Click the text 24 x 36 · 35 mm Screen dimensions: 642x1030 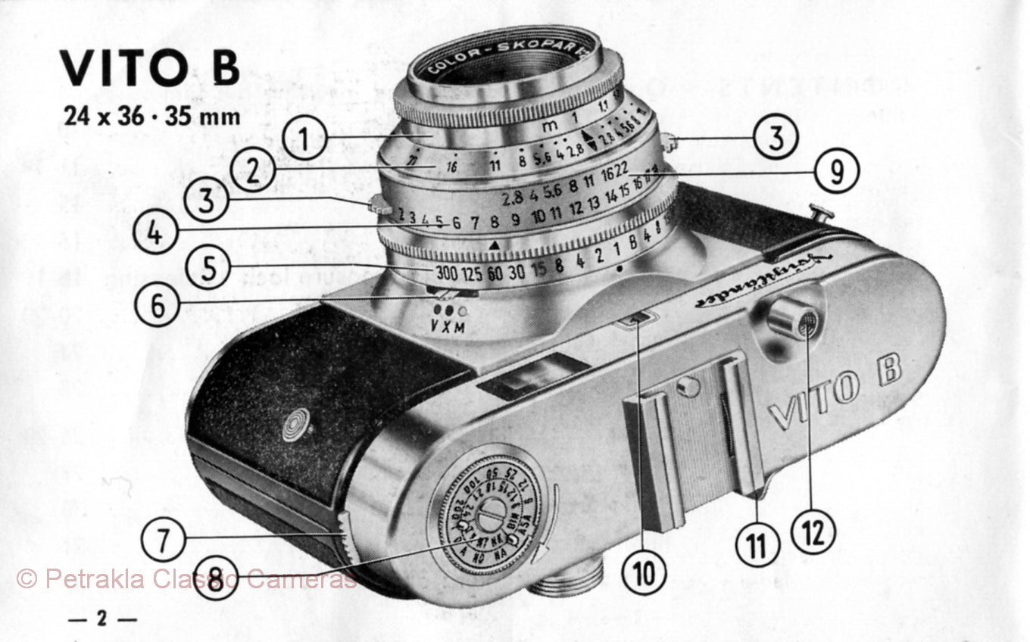[151, 117]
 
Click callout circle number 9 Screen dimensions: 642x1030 [838, 172]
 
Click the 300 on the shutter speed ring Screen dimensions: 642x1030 [447, 274]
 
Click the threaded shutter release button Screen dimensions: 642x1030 [791, 319]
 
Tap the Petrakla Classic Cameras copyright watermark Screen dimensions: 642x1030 [186, 580]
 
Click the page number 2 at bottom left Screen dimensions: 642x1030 [101, 619]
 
